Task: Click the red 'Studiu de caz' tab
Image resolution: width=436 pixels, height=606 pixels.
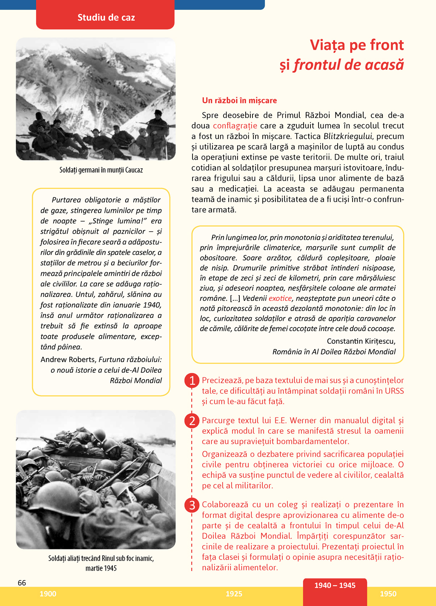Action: coord(106,17)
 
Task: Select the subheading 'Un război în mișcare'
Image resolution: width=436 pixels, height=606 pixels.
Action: coord(239,100)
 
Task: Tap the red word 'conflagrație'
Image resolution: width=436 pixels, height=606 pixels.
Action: coord(235,126)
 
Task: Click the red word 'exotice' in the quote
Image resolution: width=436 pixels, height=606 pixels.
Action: coord(280,298)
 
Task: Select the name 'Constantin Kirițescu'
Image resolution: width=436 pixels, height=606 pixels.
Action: coord(361,341)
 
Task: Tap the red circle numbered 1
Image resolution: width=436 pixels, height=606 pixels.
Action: coord(192,380)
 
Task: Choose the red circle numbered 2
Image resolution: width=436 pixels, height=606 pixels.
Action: coord(192,420)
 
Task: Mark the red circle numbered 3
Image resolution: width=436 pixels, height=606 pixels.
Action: coord(192,505)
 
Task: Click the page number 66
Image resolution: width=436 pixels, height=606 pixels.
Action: coord(22,583)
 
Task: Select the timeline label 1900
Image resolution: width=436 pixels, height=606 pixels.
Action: coord(48,594)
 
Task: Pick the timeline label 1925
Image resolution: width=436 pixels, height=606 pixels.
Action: coord(234,594)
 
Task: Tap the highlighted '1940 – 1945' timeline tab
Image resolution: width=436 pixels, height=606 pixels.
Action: coord(335,586)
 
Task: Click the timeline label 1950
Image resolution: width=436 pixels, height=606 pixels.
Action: coord(388,594)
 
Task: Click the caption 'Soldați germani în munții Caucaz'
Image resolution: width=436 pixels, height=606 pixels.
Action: coord(101,170)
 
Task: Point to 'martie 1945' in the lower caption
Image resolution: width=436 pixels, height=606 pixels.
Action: coord(101,569)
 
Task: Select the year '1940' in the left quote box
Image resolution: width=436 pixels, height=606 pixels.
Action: coord(153,305)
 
